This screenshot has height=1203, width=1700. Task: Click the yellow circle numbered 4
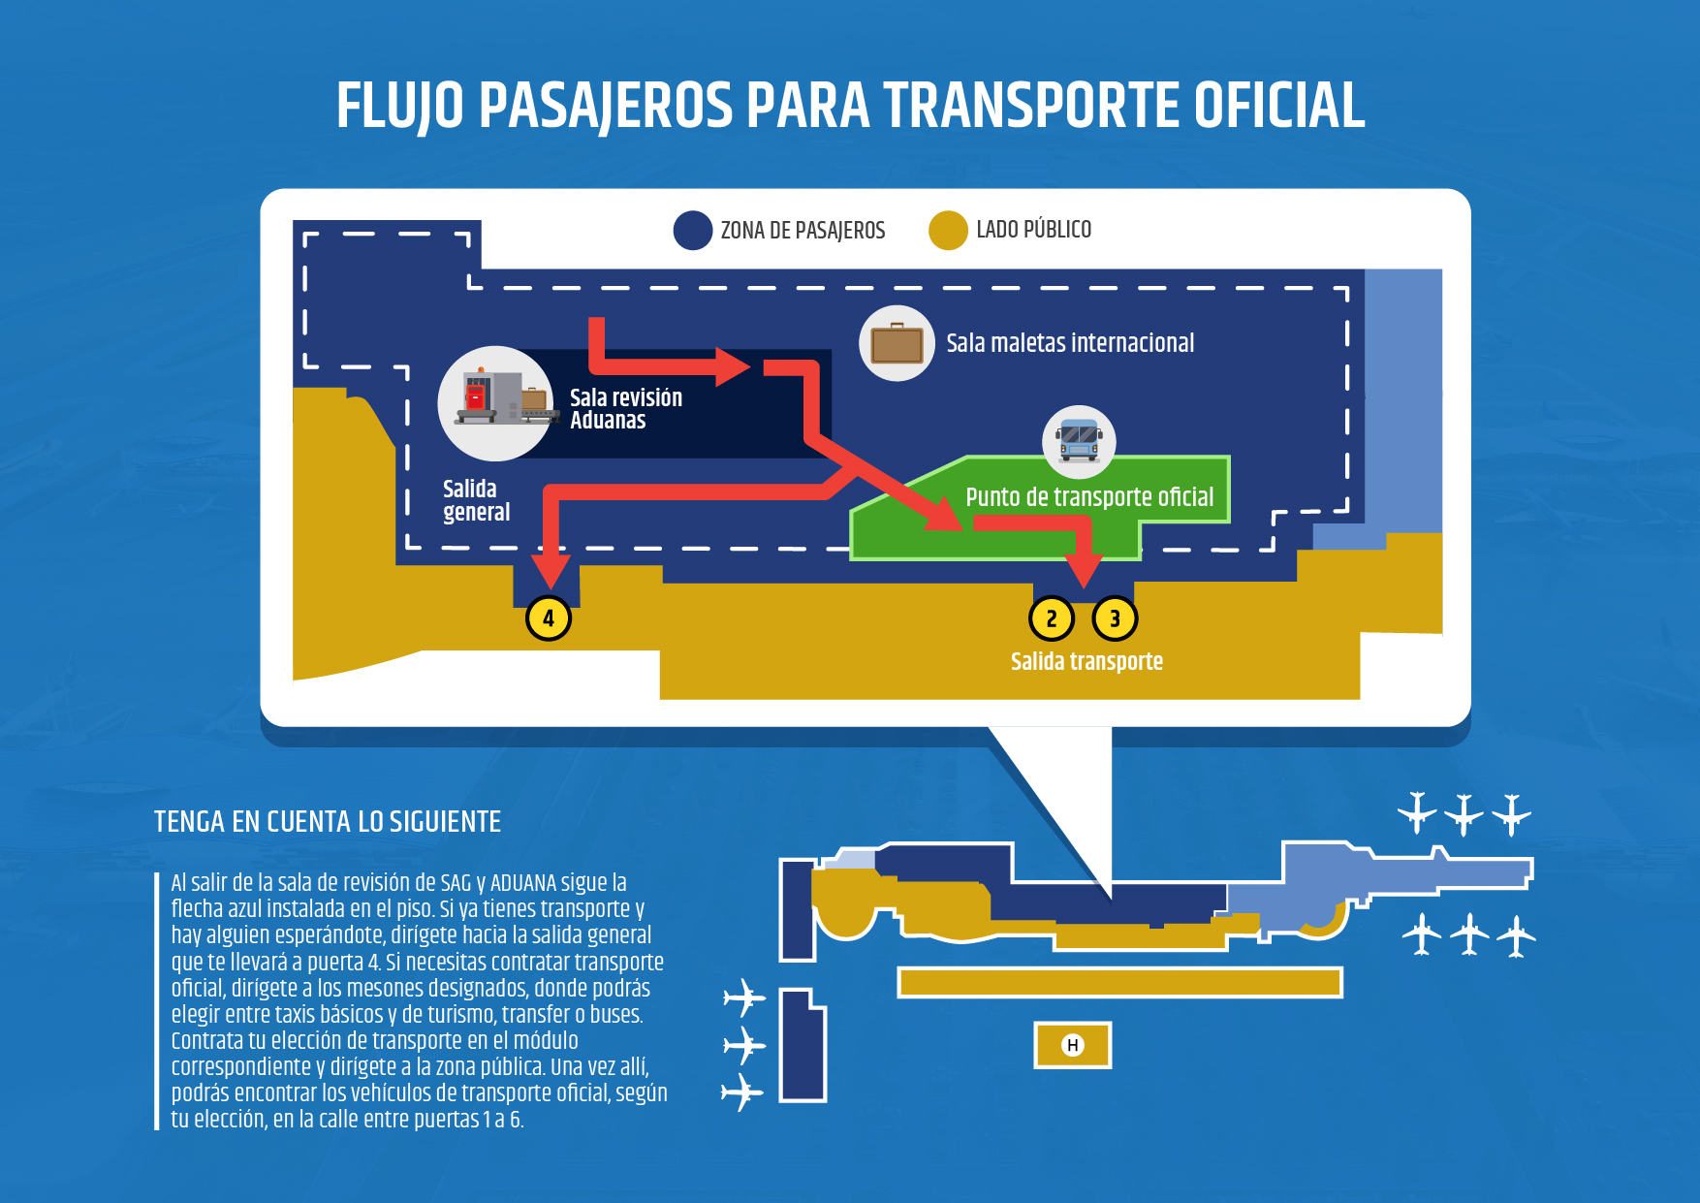click(549, 618)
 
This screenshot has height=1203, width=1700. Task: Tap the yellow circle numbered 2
click(1052, 618)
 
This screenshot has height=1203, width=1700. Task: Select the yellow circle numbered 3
click(1115, 618)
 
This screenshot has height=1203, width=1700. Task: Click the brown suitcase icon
click(897, 343)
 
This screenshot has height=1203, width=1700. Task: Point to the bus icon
click(1079, 440)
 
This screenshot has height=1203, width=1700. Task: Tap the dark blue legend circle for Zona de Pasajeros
click(693, 231)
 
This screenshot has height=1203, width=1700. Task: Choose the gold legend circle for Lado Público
click(948, 231)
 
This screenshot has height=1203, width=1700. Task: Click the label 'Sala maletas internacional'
click(1070, 343)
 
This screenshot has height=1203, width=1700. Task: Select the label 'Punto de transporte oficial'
click(1089, 497)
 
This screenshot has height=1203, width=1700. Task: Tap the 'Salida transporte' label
click(1086, 661)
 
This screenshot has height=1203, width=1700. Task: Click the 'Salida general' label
click(476, 500)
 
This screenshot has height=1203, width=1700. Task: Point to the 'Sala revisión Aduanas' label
click(626, 409)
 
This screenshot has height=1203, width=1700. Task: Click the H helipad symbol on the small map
click(1072, 1045)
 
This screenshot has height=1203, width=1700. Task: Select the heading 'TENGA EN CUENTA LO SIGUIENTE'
click(328, 822)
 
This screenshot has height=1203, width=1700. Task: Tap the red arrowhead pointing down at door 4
click(551, 572)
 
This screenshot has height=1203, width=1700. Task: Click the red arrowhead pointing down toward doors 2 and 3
click(1084, 571)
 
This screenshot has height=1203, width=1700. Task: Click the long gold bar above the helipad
click(1119, 982)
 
